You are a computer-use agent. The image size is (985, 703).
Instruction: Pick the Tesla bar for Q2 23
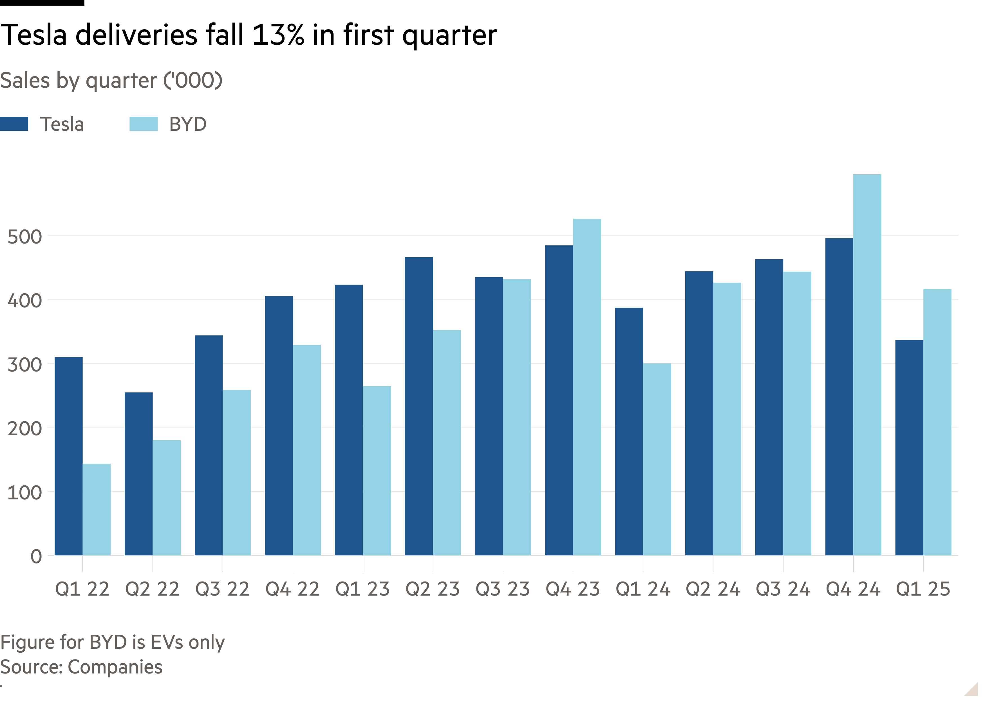[x=419, y=406]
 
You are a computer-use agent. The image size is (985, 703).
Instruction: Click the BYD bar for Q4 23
[x=587, y=387]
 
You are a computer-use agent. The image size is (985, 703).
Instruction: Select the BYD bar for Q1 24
[x=657, y=459]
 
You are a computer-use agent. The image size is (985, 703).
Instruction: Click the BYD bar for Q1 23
[x=377, y=470]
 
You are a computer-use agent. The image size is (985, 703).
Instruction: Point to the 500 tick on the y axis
[x=25, y=237]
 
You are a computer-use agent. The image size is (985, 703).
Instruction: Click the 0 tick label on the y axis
[x=36, y=556]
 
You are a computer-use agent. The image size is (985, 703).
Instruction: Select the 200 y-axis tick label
[x=25, y=429]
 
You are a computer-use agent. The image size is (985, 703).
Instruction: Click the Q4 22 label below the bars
[x=292, y=589]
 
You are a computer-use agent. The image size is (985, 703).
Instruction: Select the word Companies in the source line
[x=115, y=667]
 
